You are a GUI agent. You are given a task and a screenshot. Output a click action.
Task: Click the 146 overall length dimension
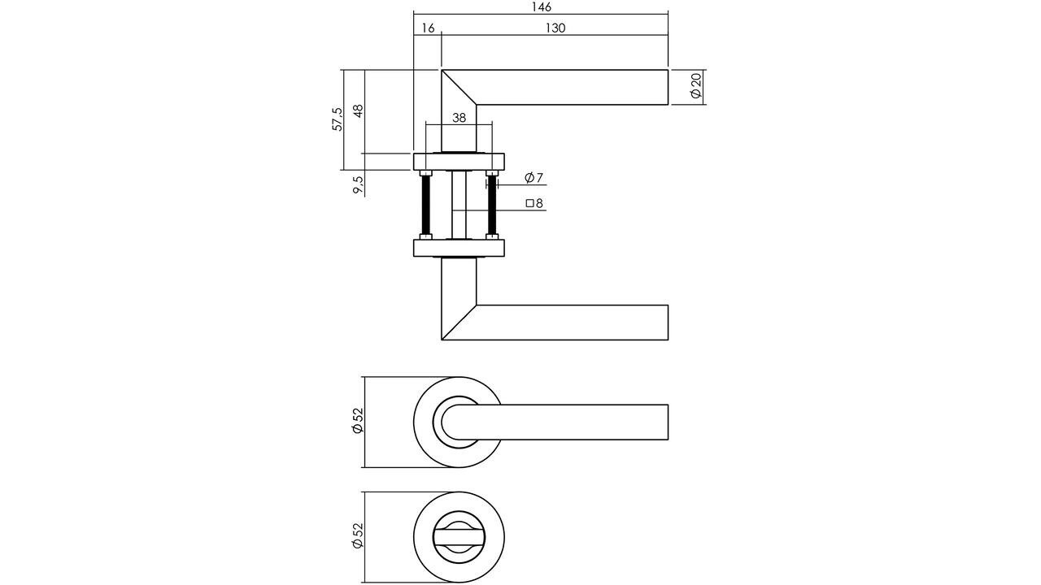point(541,7)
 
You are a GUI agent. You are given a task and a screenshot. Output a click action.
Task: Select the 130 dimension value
point(555,28)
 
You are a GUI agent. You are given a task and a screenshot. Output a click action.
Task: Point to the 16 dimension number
point(428,28)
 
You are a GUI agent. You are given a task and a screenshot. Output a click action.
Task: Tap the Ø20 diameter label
point(696,86)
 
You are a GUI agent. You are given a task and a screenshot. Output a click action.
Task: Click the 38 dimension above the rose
point(459,118)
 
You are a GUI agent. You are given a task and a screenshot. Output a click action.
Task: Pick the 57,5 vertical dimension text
point(338,119)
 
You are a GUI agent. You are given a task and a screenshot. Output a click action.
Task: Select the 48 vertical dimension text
point(358,111)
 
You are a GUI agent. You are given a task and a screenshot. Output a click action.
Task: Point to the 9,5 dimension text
point(359,184)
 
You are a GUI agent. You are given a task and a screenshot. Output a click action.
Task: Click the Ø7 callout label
point(534,178)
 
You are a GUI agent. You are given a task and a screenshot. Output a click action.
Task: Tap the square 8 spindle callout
point(534,204)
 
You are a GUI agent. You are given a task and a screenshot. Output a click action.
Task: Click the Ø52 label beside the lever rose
point(357,421)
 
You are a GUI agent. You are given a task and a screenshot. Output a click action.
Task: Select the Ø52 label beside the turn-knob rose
point(357,536)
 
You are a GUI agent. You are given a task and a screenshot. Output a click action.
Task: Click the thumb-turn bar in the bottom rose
point(460,537)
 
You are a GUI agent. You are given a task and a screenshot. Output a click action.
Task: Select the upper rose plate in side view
point(460,161)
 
